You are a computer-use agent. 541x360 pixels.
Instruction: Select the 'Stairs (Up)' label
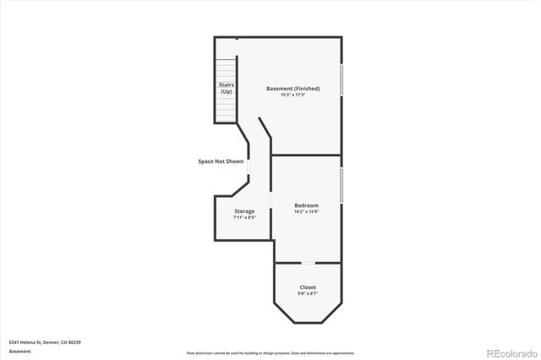point(227,87)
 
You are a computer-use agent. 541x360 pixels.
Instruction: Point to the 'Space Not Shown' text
point(221,161)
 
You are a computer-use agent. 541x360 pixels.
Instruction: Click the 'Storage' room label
point(244,211)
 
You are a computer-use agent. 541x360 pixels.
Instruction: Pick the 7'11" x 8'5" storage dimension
point(244,217)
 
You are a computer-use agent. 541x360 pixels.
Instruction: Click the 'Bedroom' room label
point(306,205)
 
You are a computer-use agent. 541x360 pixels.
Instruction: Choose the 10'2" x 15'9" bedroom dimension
point(306,211)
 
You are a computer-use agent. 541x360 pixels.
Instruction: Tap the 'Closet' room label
point(308,287)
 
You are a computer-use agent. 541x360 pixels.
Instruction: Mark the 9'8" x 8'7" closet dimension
point(308,293)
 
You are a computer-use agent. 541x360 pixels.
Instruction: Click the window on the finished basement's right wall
point(342,79)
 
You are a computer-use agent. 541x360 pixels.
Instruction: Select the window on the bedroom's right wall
point(342,185)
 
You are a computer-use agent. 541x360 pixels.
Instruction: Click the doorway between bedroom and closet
point(308,263)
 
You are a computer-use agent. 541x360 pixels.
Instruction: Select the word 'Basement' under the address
point(19,351)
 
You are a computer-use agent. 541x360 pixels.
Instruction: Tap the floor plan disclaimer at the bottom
point(270,353)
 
